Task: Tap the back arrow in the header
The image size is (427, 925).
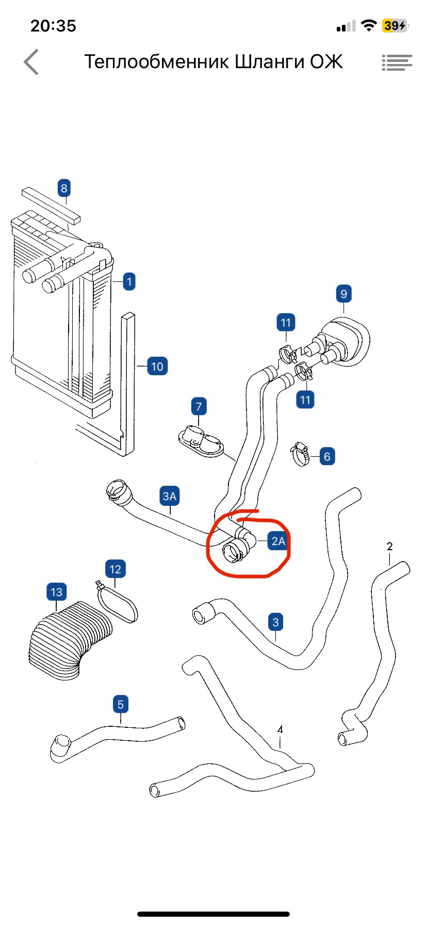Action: click(x=31, y=62)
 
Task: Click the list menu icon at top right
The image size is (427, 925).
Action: click(x=397, y=62)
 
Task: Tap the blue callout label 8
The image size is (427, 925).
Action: click(x=64, y=188)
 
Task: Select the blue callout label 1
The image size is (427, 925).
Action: click(x=129, y=282)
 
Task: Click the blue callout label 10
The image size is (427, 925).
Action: click(x=157, y=366)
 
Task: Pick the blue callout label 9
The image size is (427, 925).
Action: click(x=344, y=294)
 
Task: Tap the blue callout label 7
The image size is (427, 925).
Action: click(x=199, y=406)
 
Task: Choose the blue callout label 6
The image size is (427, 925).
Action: click(x=327, y=456)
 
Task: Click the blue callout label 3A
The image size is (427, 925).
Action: click(x=170, y=497)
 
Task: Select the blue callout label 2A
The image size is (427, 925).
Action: click(x=278, y=541)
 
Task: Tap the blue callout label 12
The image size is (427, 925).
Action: click(x=115, y=569)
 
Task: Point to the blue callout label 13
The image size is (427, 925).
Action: click(x=56, y=592)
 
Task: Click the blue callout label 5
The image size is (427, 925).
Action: click(x=121, y=704)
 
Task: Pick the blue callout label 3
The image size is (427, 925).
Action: click(x=275, y=622)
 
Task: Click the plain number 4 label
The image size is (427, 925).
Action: click(x=280, y=729)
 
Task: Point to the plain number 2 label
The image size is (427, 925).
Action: click(x=389, y=546)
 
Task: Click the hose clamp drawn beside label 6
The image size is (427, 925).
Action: click(x=301, y=453)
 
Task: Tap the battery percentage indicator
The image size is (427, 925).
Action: click(x=394, y=25)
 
